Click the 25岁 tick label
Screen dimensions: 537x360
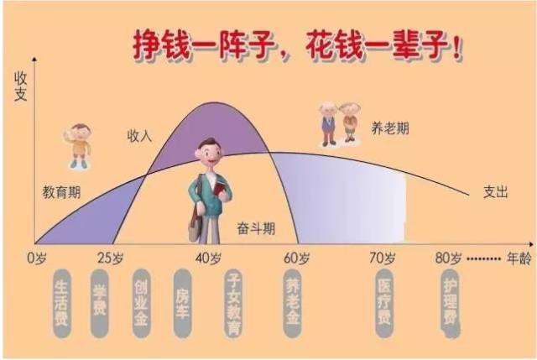[110, 258]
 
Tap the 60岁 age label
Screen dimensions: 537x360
[296, 258]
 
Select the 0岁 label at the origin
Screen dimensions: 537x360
[37, 258]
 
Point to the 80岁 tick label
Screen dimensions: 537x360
[448, 258]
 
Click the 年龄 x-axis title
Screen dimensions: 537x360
[519, 258]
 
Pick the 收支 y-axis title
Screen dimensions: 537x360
[20, 86]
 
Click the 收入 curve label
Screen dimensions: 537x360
[139, 136]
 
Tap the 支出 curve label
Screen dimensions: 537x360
[495, 192]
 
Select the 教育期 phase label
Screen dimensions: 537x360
[61, 192]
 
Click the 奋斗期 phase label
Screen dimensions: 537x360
[256, 228]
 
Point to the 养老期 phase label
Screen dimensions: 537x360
[390, 128]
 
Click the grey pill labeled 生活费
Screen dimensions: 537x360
[61, 304]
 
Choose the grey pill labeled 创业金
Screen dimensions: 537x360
[142, 303]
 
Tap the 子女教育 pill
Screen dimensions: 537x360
[233, 303]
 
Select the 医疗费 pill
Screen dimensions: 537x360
[384, 303]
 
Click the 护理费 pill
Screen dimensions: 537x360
[450, 303]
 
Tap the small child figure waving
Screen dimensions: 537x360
[78, 145]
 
